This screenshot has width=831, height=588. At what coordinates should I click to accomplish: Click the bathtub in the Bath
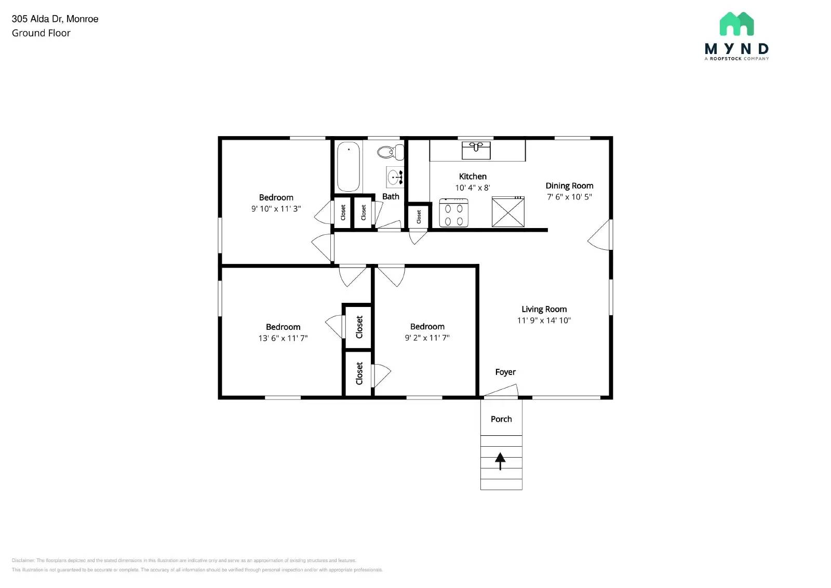tap(349, 167)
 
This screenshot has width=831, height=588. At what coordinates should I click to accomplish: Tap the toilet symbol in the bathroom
tap(390, 152)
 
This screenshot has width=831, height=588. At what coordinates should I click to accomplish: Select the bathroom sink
tap(394, 177)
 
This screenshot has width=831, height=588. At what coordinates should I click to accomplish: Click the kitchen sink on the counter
tap(476, 150)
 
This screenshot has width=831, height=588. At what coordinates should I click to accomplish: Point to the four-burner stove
tap(453, 213)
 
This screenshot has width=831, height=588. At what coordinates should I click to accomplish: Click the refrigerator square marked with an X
tap(508, 212)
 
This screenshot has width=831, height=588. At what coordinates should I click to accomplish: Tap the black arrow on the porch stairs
tap(500, 461)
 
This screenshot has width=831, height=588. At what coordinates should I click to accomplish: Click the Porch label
tap(501, 419)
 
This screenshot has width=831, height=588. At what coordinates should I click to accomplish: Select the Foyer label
tap(505, 372)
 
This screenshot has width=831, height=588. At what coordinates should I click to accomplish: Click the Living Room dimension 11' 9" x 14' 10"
tap(544, 320)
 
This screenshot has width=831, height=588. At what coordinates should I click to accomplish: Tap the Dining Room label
tap(569, 185)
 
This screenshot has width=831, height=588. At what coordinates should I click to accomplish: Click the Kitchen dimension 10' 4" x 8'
tap(472, 188)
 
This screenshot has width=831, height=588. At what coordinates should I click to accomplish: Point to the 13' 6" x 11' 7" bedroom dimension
tap(283, 338)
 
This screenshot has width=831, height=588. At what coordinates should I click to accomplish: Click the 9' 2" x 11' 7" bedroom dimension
tap(427, 338)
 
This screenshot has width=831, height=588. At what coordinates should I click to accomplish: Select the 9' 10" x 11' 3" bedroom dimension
tap(276, 209)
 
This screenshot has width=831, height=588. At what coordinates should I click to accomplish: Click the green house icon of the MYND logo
tap(736, 24)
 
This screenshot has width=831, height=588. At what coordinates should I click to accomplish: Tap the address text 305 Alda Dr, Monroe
tap(55, 19)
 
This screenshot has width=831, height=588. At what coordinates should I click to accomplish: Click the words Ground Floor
tap(41, 33)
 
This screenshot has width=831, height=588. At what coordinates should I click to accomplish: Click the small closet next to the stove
tap(419, 217)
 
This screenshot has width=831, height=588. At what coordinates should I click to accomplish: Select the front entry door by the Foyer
tap(500, 390)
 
